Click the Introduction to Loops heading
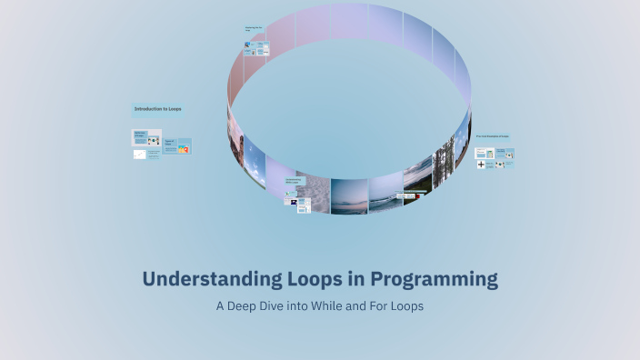click(158, 109)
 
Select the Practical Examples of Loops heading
click(492, 136)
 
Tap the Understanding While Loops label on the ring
click(293, 182)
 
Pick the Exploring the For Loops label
click(253, 30)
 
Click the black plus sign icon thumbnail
click(481, 165)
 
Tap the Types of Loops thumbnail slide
click(176, 145)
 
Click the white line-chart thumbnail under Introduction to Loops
click(139, 155)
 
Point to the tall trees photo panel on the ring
click(443, 164)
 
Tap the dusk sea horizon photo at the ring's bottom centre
click(349, 196)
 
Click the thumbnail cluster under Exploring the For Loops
click(256, 47)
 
